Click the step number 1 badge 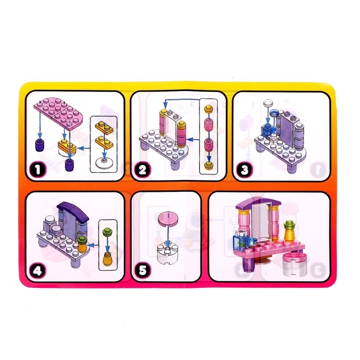38,170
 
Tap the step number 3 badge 244,170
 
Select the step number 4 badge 38,271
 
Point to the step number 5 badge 142,270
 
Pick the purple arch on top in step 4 73,209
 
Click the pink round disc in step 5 168,219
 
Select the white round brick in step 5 168,254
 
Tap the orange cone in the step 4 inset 107,259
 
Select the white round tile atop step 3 268,102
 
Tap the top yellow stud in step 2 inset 208,109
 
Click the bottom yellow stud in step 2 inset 209,165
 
